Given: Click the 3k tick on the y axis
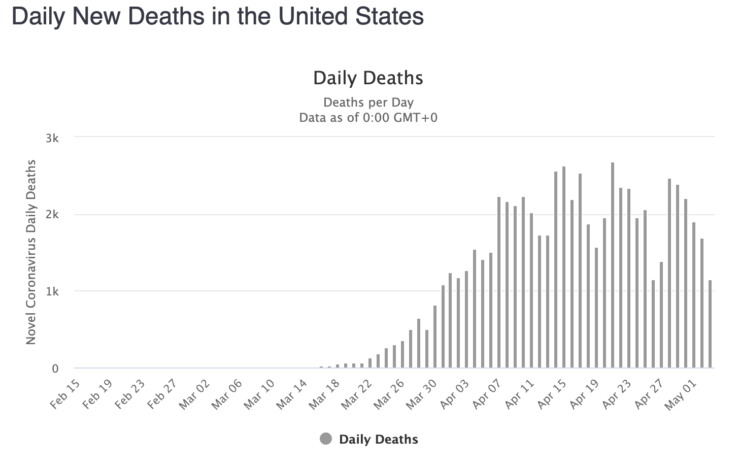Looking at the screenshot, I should click(x=52, y=138).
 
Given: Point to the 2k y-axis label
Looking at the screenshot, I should click(x=52, y=215).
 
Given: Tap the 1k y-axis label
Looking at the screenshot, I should click(x=52, y=292).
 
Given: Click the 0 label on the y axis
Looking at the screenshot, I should click(x=55, y=369).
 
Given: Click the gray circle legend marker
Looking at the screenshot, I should click(x=326, y=439).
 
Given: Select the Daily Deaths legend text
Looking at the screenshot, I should click(x=379, y=440).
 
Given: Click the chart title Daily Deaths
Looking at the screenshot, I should click(x=368, y=78).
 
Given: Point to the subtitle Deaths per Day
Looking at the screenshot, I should click(x=368, y=102).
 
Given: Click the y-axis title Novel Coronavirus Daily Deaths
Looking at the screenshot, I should click(x=31, y=252).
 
